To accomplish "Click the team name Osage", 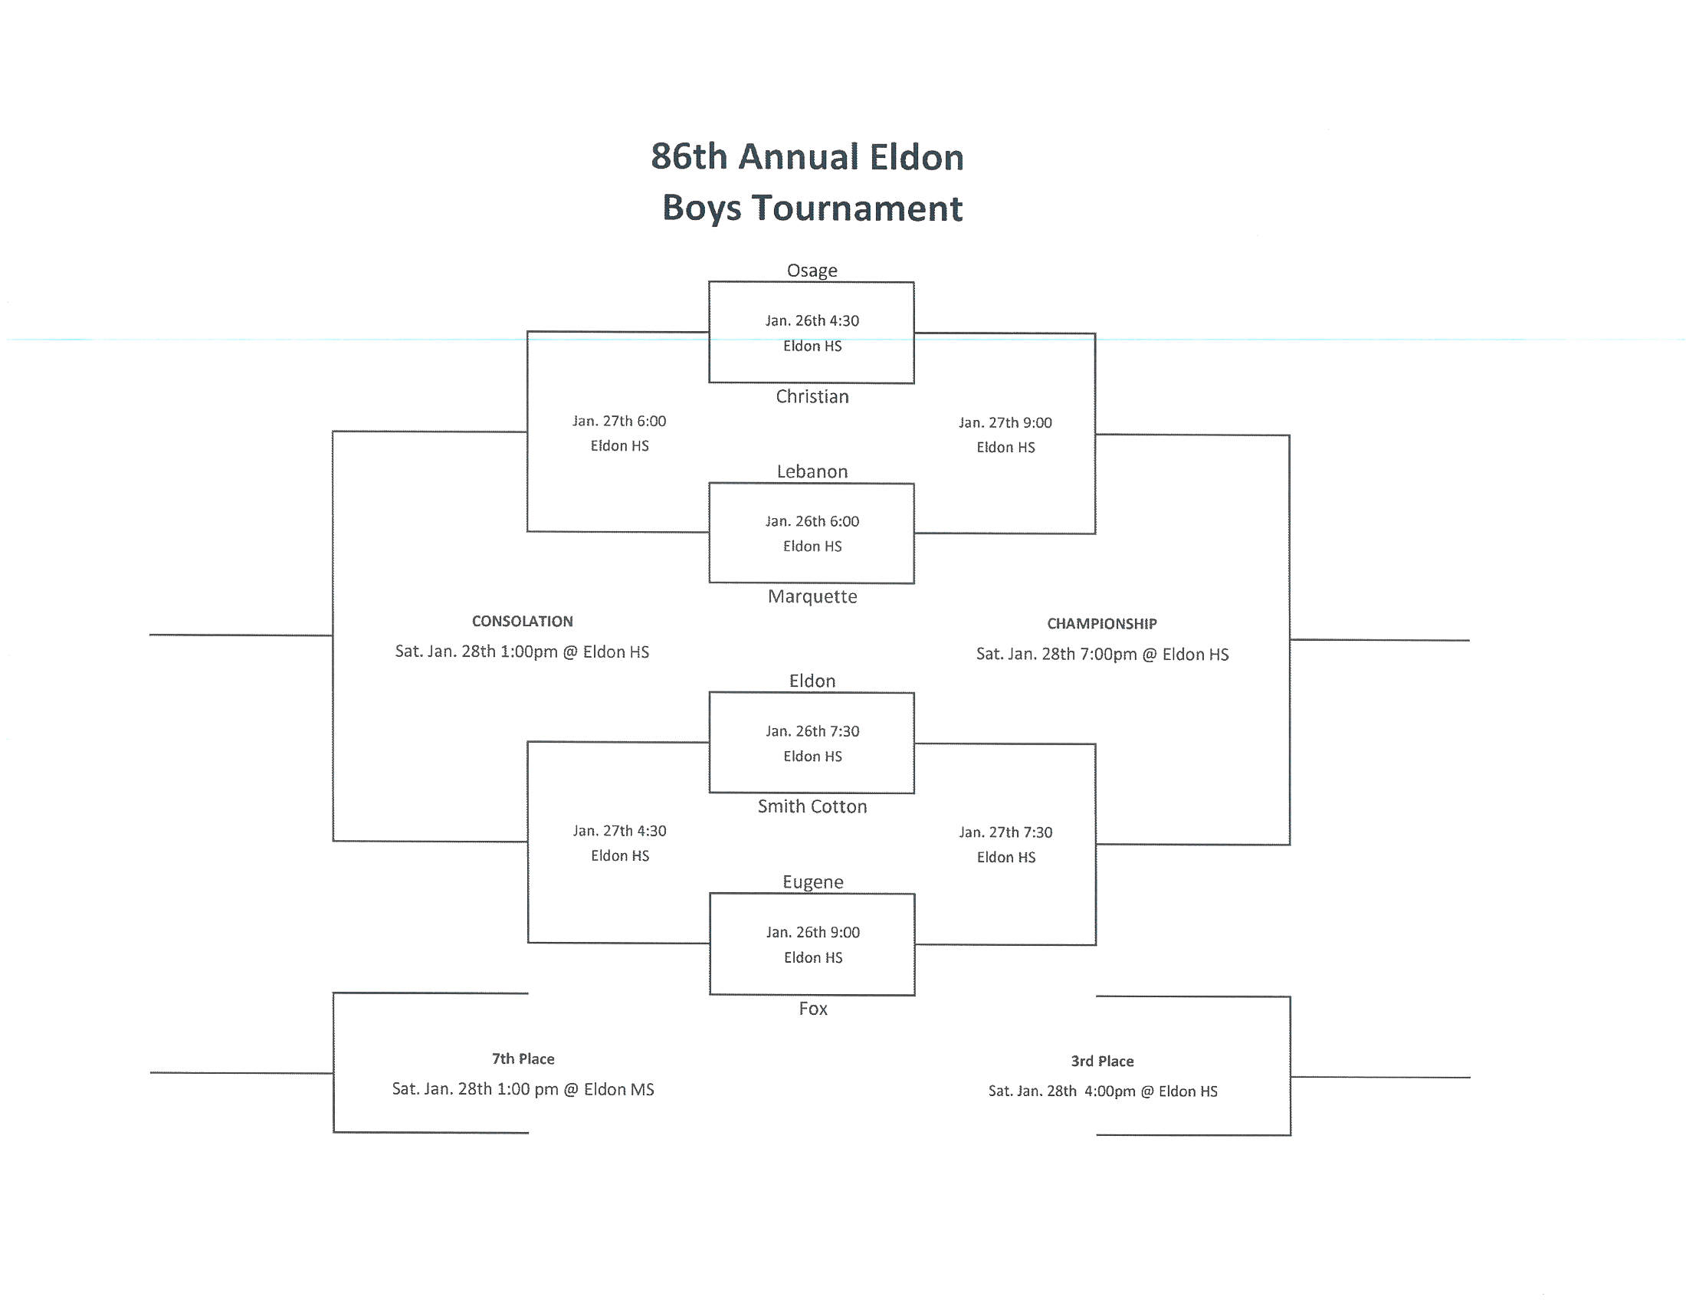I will point(812,270).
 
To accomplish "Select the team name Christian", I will point(812,396).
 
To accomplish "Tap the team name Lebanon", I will point(812,471).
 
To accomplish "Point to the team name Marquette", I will point(812,596).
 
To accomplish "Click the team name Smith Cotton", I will point(812,806).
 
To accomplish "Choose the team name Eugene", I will point(813,881).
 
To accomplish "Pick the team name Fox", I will point(813,1008).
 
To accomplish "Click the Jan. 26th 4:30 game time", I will point(812,320).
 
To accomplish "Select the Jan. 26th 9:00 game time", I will point(813,932).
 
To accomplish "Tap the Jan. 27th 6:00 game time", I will point(619,421).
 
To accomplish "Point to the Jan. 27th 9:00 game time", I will point(1005,422).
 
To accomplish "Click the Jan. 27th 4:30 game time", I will point(619,831).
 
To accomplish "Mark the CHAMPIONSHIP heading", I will point(1101,623).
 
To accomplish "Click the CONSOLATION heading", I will point(523,621).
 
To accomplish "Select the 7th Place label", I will point(523,1058).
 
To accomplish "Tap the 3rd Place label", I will point(1101,1061).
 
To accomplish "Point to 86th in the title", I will point(689,156).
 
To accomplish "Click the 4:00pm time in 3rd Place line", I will point(1110,1091).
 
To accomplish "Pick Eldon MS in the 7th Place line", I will point(618,1088).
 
